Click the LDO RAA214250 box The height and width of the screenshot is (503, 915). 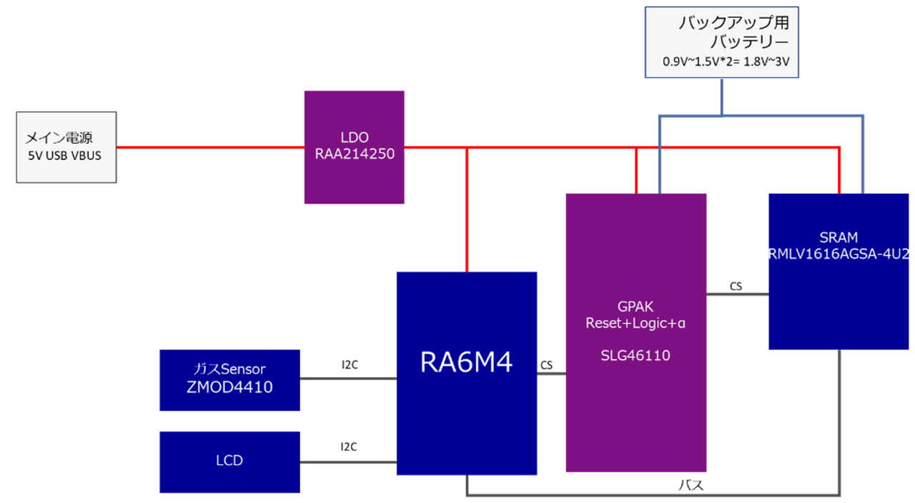click(x=354, y=147)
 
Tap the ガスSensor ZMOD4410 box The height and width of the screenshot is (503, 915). click(x=229, y=380)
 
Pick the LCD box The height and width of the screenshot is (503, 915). click(x=229, y=462)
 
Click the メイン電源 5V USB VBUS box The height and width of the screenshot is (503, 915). click(x=66, y=147)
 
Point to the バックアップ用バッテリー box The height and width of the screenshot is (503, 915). click(x=721, y=41)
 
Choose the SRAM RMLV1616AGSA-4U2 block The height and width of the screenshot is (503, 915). click(x=839, y=272)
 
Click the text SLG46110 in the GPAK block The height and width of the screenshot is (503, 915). click(x=635, y=355)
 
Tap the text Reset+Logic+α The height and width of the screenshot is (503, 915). click(x=635, y=322)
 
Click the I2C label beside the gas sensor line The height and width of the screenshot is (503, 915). click(x=349, y=365)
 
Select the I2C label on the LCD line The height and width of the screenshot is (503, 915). click(x=349, y=447)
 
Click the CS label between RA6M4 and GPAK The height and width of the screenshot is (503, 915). click(x=547, y=365)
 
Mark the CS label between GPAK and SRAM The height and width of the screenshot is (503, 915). click(x=736, y=287)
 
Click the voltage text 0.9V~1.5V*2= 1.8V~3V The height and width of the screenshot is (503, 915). click(x=726, y=62)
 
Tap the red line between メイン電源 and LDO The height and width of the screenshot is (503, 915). click(x=210, y=148)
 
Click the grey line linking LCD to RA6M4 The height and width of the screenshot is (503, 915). click(x=348, y=462)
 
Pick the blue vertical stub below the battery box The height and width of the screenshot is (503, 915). click(x=720, y=96)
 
